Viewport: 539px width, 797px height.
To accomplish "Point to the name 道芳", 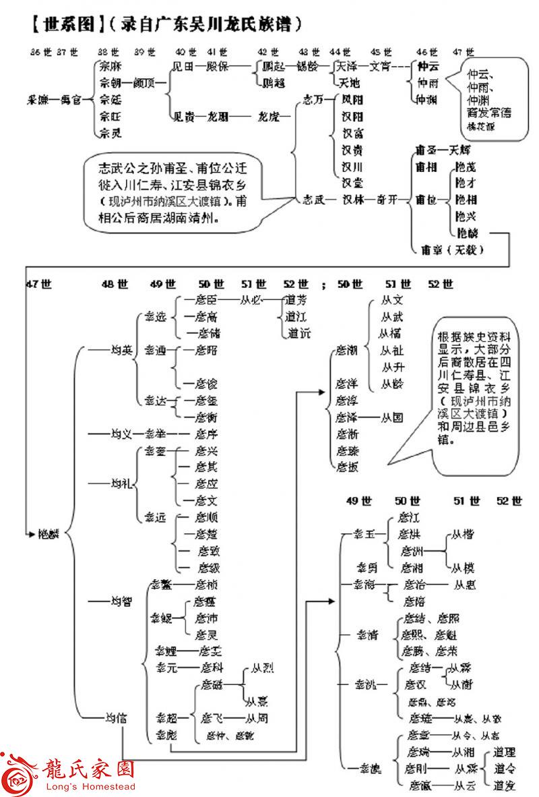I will point(296,300).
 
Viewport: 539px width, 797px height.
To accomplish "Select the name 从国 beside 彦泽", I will point(392,417).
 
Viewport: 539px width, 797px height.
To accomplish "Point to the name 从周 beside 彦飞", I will point(260,717).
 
